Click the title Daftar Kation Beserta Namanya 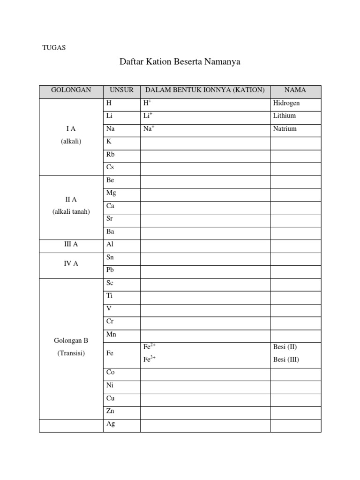click(x=180, y=61)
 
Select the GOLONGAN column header click(x=71, y=90)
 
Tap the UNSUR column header click(x=121, y=90)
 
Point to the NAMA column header click(x=295, y=90)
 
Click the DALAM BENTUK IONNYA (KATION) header click(x=205, y=90)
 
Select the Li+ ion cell click(x=148, y=115)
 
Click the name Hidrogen click(x=286, y=103)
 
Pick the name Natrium click(x=285, y=128)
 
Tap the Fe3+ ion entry click(x=150, y=360)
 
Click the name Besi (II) click(x=285, y=347)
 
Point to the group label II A click(x=71, y=200)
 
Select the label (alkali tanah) click(x=71, y=211)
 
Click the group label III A click(x=71, y=244)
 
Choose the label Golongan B click(x=71, y=341)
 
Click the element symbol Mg click(x=111, y=193)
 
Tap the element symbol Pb click(x=110, y=270)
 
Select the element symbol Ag click(x=111, y=424)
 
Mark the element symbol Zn click(x=110, y=411)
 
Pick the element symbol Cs click(x=110, y=167)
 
